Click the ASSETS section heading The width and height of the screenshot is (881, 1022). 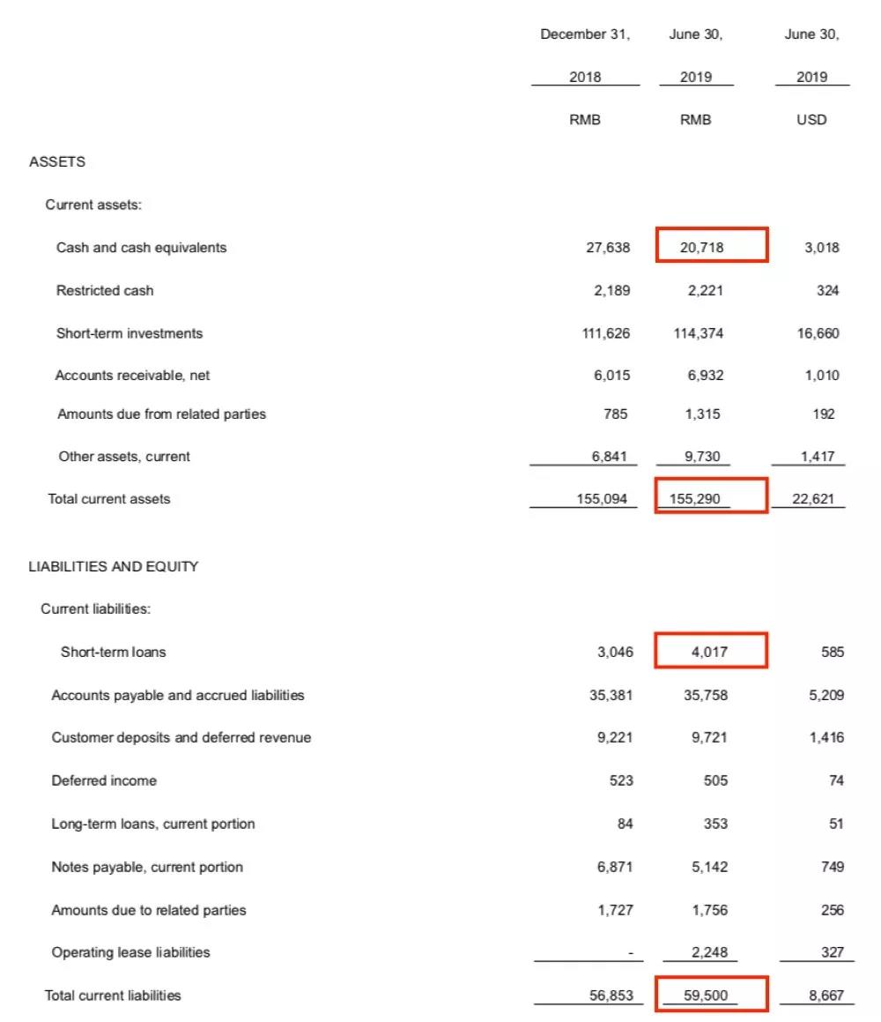click(57, 162)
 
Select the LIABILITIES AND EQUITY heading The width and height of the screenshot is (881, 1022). click(114, 567)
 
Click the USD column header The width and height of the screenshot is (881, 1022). click(811, 120)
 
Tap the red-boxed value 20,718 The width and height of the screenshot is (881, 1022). click(702, 248)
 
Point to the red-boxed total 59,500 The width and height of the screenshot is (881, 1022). click(707, 996)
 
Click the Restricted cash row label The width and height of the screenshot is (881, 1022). click(104, 291)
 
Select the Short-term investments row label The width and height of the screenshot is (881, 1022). click(129, 333)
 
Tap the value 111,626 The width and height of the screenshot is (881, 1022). click(608, 333)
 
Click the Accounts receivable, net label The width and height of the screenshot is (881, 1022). click(133, 376)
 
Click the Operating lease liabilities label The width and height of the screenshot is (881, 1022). click(130, 952)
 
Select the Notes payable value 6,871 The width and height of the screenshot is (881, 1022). click(614, 867)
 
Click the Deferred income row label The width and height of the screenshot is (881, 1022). click(104, 781)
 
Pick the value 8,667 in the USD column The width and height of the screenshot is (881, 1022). click(825, 996)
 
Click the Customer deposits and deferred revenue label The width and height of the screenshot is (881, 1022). click(181, 738)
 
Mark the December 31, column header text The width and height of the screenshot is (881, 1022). click(585, 34)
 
